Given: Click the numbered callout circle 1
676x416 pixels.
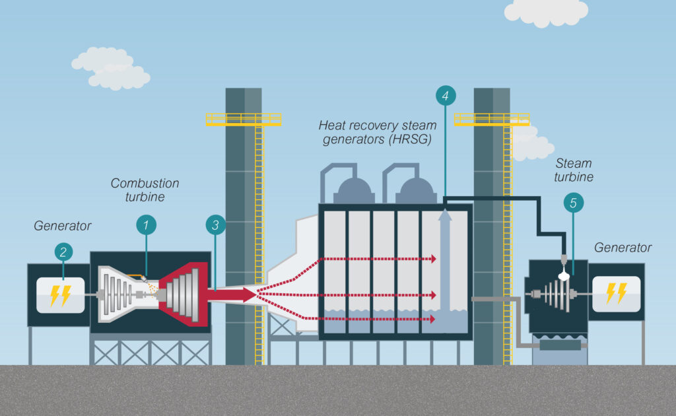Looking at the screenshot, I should [146, 226].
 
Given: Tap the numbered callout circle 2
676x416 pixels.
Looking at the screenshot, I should [63, 252].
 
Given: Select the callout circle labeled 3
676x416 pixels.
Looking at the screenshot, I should [215, 226].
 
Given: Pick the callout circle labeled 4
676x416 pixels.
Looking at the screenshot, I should [446, 96].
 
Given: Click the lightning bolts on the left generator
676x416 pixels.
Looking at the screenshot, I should [60, 295].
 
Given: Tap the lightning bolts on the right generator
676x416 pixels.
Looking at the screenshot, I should [616, 293].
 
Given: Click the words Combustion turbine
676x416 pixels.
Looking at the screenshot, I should [145, 190].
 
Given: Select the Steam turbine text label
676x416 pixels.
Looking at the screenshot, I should [574, 170].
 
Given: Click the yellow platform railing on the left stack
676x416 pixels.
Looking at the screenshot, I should [243, 120].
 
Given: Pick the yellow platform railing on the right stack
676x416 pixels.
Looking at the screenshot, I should [491, 120].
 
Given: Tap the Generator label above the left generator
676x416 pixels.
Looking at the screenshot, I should [63, 226].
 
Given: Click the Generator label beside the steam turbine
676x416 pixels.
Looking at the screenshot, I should [623, 248].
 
